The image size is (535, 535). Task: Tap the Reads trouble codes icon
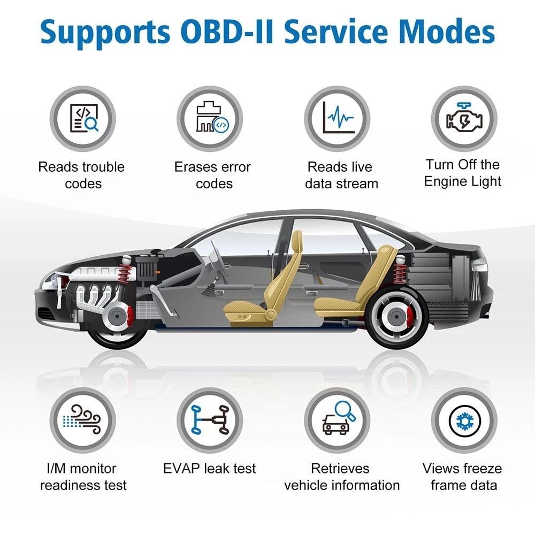83,119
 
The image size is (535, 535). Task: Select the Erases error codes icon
210,119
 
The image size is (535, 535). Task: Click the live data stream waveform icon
338,119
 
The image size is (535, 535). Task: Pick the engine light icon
464,119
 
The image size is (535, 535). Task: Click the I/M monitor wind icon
83,421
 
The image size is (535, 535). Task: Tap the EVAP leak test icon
210,421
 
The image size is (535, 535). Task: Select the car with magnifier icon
338,421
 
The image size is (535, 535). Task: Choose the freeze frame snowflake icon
464,421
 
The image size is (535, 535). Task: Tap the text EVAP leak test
210,469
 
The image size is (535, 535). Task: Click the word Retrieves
341,469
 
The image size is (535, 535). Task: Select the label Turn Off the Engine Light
463,173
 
